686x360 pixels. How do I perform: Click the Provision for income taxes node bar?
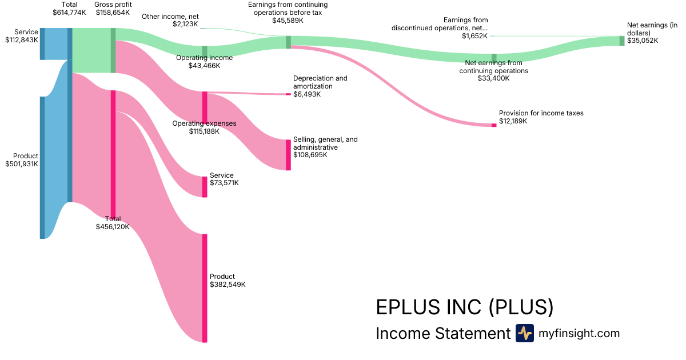[494, 125]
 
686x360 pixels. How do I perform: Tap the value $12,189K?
[513, 121]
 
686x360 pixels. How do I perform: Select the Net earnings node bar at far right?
[622, 41]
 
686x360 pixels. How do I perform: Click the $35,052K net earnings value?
[643, 41]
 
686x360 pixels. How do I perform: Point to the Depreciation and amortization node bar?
[288, 94]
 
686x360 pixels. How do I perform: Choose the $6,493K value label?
[307, 94]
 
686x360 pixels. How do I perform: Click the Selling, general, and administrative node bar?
[288, 155]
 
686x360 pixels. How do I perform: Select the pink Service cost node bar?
[205, 187]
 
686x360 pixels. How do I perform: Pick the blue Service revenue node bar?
[42, 43]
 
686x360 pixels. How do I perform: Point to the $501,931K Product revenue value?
[22, 164]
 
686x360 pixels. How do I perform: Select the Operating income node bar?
[205, 51]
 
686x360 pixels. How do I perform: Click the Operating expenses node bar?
[205, 107]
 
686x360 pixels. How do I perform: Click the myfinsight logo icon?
[524, 333]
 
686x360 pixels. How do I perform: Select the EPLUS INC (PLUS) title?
[464, 307]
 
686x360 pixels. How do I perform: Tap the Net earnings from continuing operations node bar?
[494, 57]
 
